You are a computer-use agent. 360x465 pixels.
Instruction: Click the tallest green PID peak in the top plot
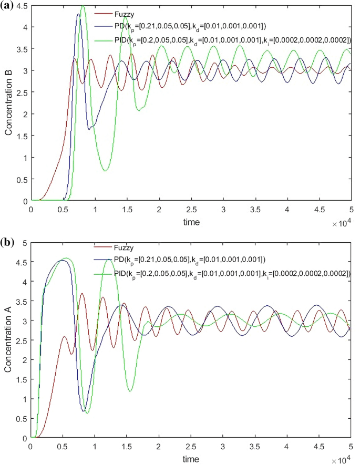tap(83, 6)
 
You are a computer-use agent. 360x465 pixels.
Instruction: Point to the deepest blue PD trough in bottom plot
tap(84, 411)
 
